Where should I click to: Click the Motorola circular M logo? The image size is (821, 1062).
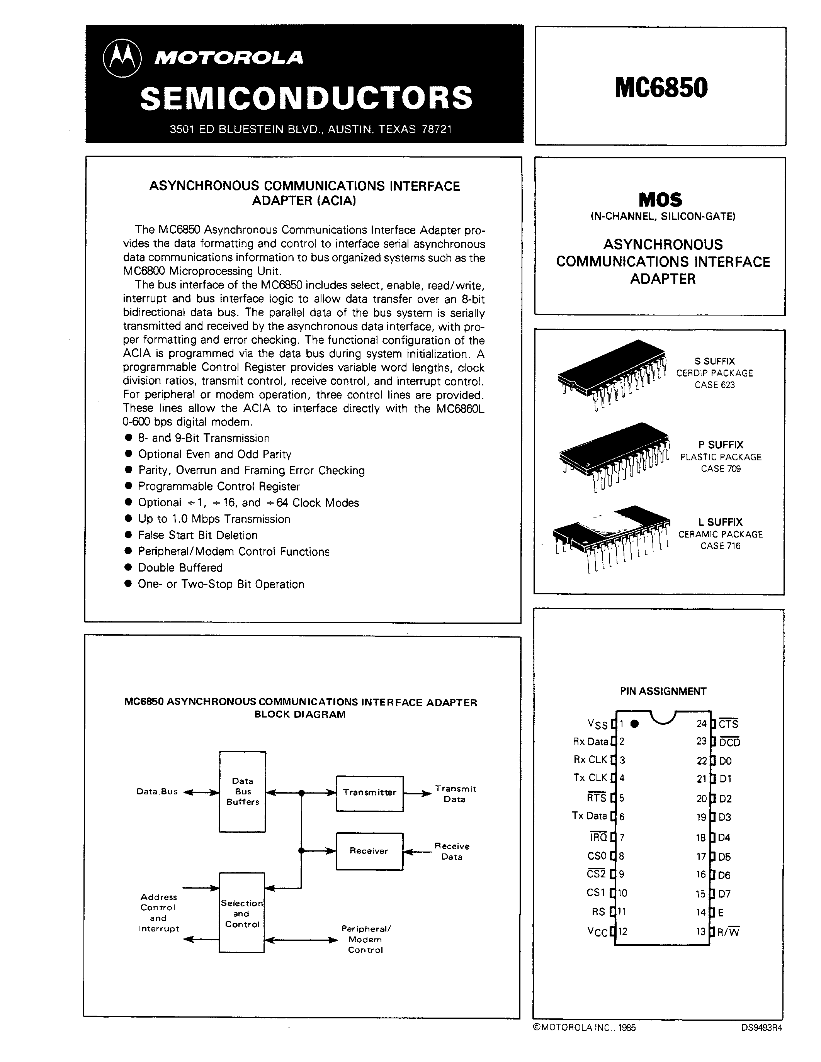(x=122, y=58)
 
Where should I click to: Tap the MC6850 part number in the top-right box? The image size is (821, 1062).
(x=661, y=88)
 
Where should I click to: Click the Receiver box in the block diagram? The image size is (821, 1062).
(x=369, y=851)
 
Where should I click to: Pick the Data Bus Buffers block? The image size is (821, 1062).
(x=242, y=792)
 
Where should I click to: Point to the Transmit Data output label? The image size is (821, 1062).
(x=455, y=794)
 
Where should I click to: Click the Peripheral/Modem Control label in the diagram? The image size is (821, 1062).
(x=365, y=939)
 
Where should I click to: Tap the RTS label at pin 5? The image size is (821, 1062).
(x=597, y=798)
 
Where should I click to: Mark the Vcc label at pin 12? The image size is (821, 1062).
(x=598, y=932)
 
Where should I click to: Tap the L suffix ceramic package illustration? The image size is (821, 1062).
(x=611, y=537)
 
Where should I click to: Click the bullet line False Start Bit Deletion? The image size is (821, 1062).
(x=197, y=535)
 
